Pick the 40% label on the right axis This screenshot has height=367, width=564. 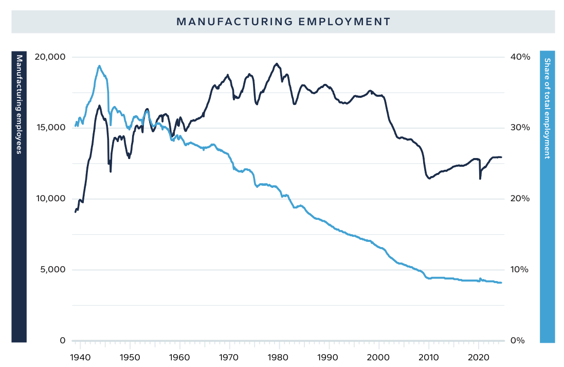519,57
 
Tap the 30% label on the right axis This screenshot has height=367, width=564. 519,128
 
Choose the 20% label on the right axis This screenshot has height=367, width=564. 519,199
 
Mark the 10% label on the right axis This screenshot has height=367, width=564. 519,270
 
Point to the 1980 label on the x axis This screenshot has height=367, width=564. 279,356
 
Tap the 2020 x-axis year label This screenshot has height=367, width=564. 479,356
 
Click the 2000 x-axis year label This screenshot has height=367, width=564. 379,356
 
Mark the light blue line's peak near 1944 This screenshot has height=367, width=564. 99,66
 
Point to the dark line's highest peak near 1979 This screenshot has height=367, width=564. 277,64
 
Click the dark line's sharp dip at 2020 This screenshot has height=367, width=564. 480,178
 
